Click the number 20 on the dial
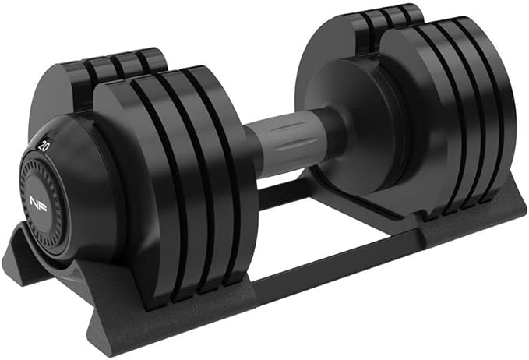click(x=44, y=146)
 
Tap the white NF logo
click(x=38, y=201)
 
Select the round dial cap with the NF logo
click(x=40, y=201)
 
